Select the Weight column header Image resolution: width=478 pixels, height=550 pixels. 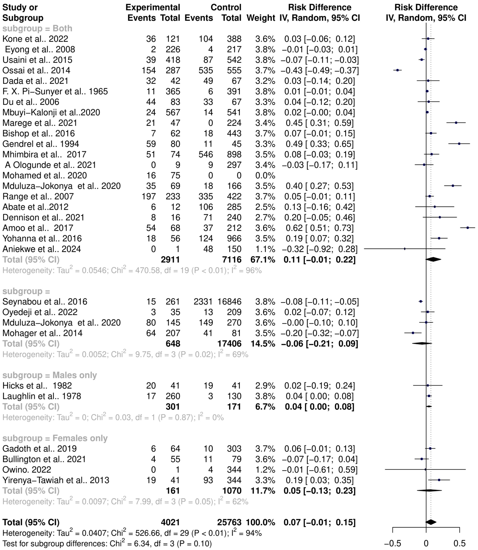pos(261,18)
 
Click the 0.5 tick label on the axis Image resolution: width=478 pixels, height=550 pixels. pos(459,543)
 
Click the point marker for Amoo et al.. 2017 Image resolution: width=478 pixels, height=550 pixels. pos(468,228)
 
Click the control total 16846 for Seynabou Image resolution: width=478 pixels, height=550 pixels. pos(229,302)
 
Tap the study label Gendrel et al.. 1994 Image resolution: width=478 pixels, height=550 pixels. pos(41,144)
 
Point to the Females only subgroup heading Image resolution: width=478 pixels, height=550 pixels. pos(55,438)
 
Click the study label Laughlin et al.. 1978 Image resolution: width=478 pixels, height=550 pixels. pos(42,396)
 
